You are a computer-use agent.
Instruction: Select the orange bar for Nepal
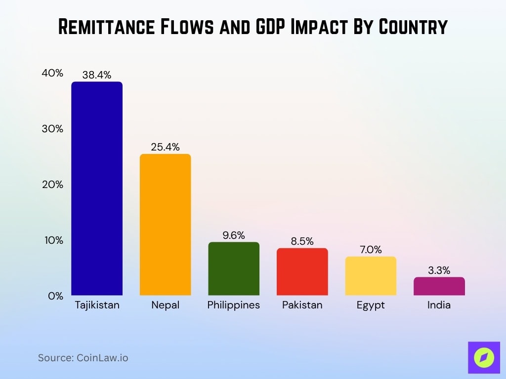point(165,225)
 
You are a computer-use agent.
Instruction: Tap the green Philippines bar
point(234,268)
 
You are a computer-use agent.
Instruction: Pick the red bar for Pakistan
point(302,271)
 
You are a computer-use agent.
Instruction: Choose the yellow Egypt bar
point(371,276)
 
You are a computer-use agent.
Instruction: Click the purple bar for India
point(439,286)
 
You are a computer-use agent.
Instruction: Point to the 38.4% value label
point(97,75)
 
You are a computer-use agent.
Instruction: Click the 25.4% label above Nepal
point(165,147)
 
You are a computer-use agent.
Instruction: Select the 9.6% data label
point(234,235)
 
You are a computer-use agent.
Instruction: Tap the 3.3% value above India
point(439,270)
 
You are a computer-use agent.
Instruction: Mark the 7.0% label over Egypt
point(371,250)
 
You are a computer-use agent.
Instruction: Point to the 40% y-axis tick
point(52,73)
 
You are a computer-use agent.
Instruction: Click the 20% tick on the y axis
point(52,185)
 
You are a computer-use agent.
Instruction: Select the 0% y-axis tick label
point(55,296)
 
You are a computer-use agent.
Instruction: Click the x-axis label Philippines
point(233,305)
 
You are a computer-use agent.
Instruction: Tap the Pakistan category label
point(302,305)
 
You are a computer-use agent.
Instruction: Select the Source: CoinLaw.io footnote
point(83,358)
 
